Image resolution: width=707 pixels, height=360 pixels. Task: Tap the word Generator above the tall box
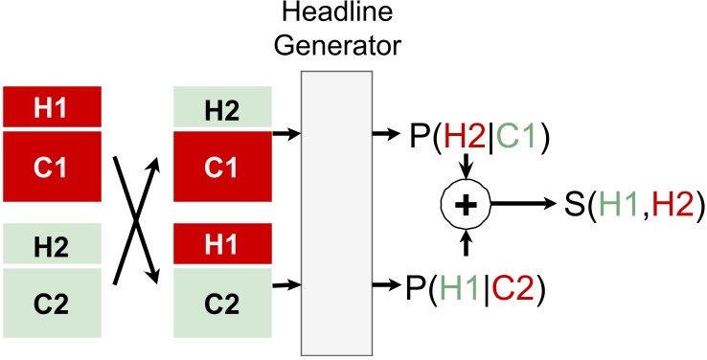(345, 44)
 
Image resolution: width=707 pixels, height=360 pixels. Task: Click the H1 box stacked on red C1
(57, 107)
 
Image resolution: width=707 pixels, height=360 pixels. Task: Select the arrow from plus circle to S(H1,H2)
(523, 203)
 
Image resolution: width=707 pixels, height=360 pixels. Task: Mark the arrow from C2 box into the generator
(285, 283)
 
